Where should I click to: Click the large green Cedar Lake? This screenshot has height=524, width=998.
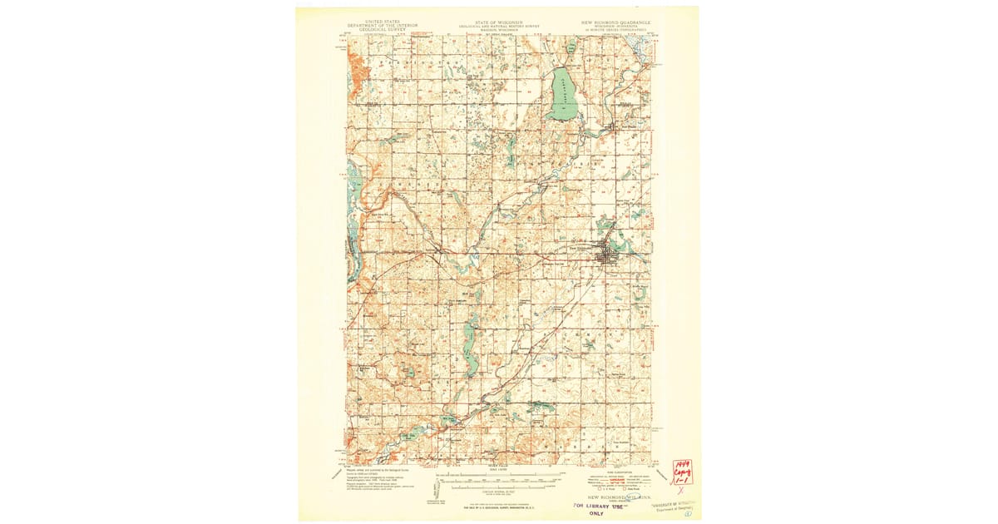562,93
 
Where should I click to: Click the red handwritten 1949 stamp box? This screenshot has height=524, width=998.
682,473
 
